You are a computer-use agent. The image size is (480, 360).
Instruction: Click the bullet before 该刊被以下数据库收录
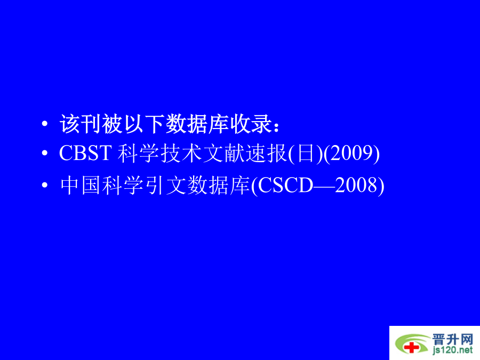click(45, 124)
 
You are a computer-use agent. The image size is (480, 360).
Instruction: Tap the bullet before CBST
click(45, 153)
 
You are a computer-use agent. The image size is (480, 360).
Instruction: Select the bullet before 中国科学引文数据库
click(45, 185)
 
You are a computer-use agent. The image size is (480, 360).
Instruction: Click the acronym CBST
click(85, 153)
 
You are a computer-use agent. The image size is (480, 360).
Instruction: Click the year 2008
click(356, 185)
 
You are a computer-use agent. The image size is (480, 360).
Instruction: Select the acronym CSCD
click(286, 185)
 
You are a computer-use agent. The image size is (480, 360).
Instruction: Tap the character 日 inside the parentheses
click(306, 154)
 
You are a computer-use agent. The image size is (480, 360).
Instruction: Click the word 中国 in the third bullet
click(81, 186)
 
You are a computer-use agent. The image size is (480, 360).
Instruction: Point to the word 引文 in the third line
click(166, 186)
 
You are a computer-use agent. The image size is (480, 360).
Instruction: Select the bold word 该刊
click(81, 124)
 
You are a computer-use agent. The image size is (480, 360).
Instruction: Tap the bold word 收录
click(251, 124)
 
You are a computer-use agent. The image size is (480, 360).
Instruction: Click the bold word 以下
click(144, 124)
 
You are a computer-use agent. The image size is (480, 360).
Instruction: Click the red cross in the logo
click(412, 347)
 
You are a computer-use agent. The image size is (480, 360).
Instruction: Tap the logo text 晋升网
click(453, 340)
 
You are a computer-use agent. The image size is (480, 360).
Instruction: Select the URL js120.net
click(453, 349)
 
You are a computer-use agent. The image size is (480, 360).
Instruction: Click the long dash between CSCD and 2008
click(324, 186)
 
